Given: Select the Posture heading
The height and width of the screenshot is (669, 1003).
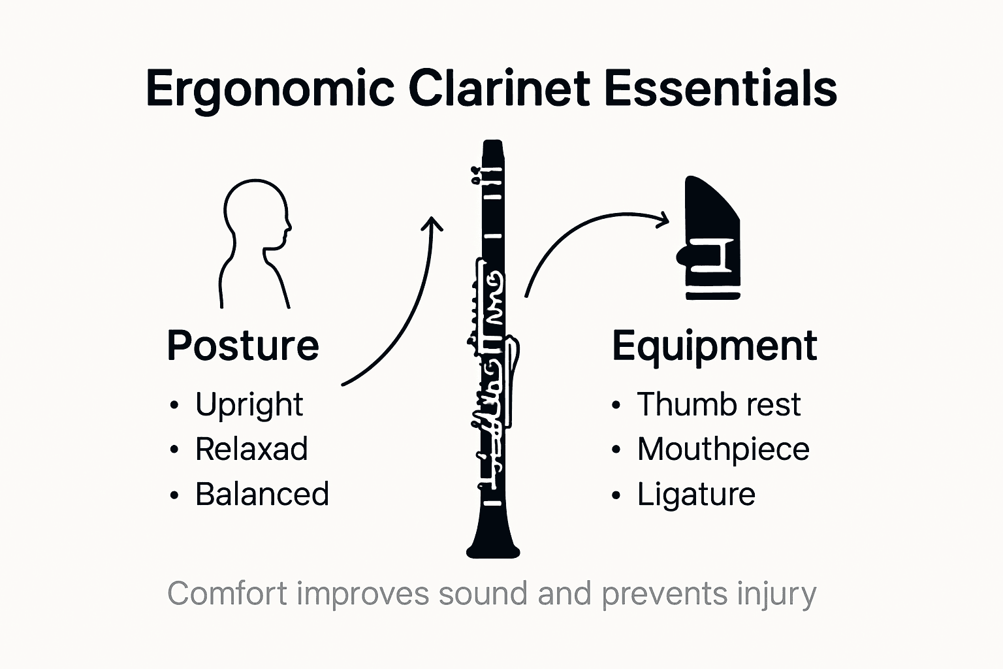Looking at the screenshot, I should coord(243,346).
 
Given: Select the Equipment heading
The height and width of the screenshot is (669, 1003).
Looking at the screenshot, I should coord(714,346).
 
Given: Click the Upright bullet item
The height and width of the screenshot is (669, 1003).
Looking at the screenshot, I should coord(249,405).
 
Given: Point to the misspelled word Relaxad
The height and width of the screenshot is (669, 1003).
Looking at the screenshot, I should coord(251,449).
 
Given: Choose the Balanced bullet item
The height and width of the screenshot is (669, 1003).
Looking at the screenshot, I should coord(262,495).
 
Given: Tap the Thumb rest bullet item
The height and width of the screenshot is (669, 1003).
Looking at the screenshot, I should coord(718,405).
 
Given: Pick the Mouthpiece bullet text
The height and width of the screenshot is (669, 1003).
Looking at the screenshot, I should coord(723,449).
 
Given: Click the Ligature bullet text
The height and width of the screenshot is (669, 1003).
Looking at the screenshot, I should coord(696,495).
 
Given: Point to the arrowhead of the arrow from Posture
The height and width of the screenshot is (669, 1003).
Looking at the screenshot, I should coord(432,223).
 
